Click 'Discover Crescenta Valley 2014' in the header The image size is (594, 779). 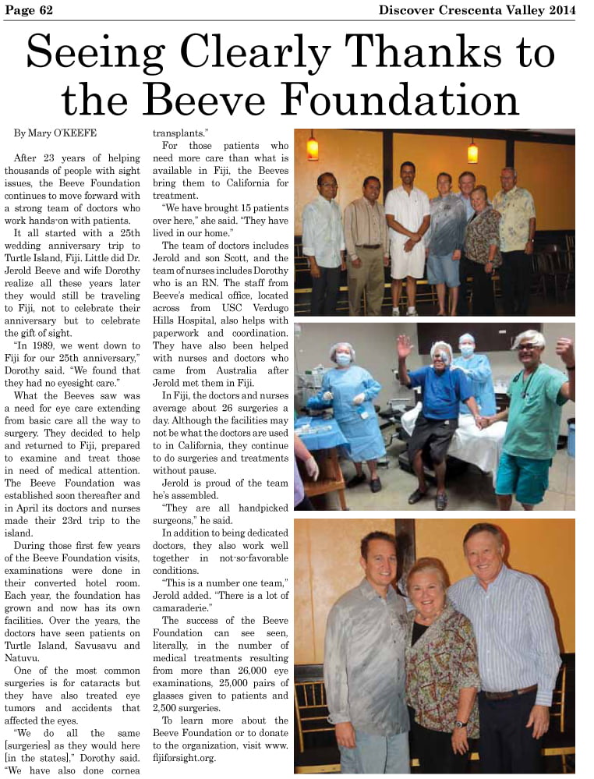click(477, 9)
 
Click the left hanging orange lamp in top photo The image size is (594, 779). click(313, 146)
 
